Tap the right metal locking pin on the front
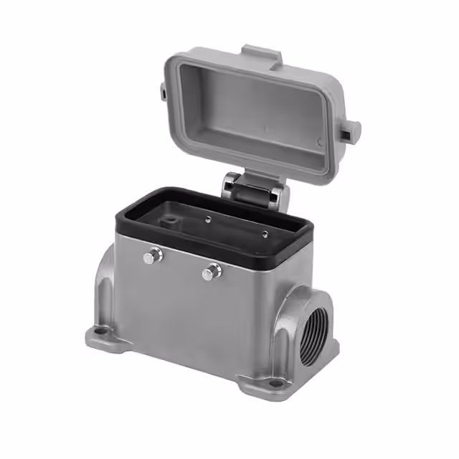point(212,272)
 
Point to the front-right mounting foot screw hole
point(275,384)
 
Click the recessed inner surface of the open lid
point(251,115)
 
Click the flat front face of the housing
point(194,316)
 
